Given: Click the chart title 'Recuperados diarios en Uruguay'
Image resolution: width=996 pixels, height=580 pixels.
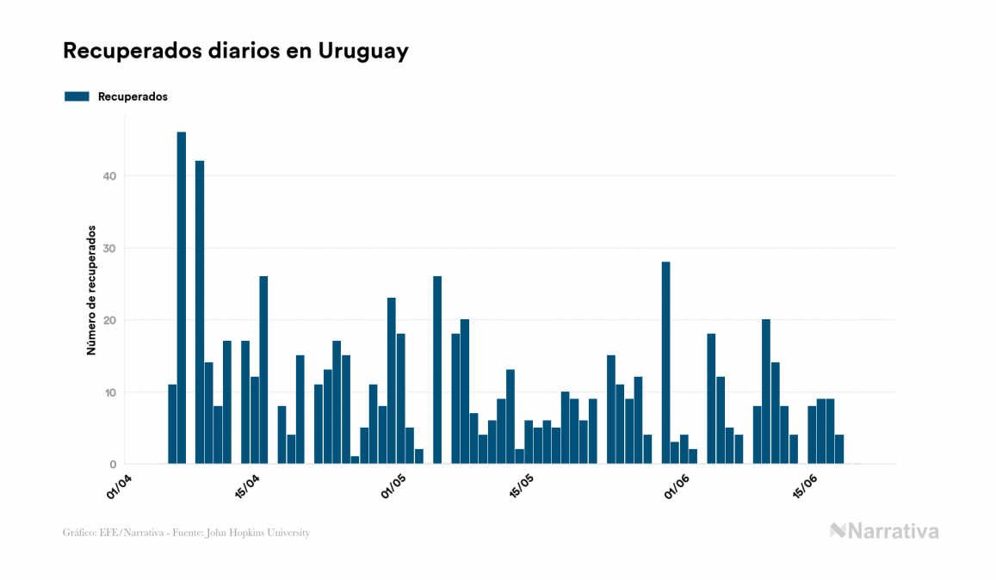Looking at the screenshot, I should pyautogui.click(x=235, y=51).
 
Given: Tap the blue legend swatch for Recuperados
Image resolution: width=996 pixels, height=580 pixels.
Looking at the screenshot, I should pyautogui.click(x=77, y=96).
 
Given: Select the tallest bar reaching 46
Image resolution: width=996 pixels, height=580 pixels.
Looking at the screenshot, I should pyautogui.click(x=182, y=298).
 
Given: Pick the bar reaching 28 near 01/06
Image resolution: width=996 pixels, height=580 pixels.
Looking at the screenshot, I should pyautogui.click(x=665, y=362).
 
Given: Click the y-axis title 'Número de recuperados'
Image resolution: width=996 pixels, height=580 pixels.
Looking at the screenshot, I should pyautogui.click(x=90, y=291).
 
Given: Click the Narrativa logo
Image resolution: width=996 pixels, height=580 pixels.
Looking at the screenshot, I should pyautogui.click(x=884, y=531).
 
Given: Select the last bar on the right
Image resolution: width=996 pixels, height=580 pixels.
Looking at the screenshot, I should pyautogui.click(x=839, y=449).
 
